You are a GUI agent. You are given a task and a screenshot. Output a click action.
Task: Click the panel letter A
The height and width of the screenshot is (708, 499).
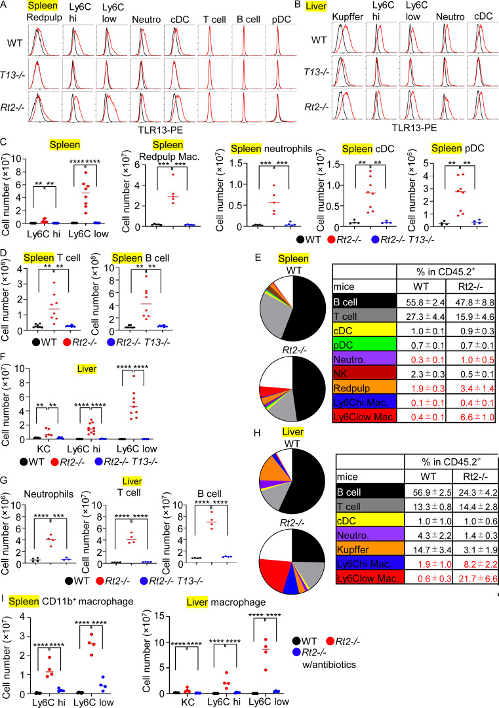pyautogui.click(x=5, y=6)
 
